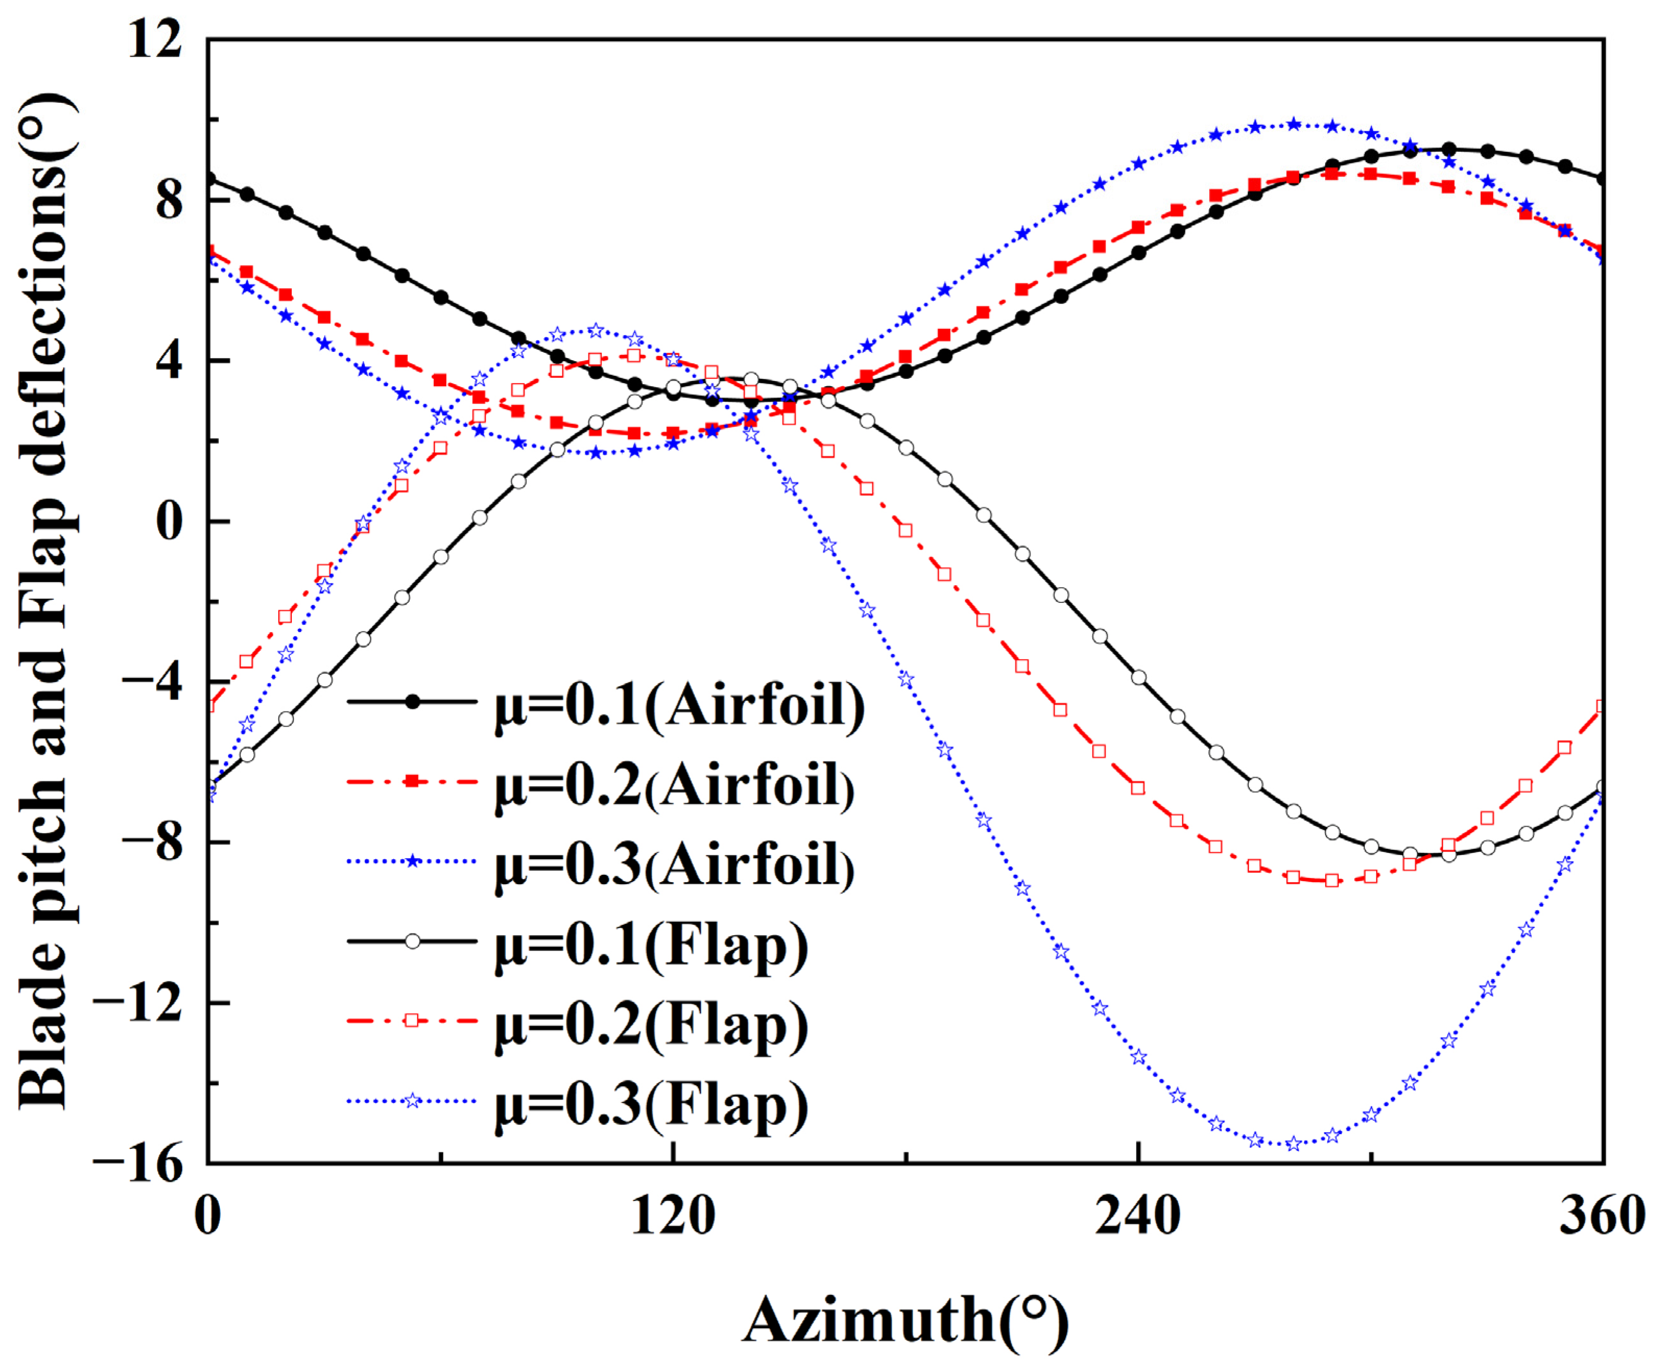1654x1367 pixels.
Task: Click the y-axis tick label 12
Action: tap(155, 39)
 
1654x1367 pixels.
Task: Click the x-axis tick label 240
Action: tap(1138, 1216)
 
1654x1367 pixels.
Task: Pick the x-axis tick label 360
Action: tap(1602, 1216)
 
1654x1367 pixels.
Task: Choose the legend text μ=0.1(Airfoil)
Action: tap(679, 703)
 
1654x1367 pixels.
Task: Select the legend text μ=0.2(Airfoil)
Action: tap(674, 784)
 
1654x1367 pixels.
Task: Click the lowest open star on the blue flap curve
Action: tap(1293, 1144)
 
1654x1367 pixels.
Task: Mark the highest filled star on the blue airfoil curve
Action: tap(1293, 124)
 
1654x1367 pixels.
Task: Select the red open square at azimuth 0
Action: tap(209, 705)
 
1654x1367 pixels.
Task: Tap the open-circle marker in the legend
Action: tap(412, 942)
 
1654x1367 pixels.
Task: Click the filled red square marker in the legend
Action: tap(412, 781)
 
